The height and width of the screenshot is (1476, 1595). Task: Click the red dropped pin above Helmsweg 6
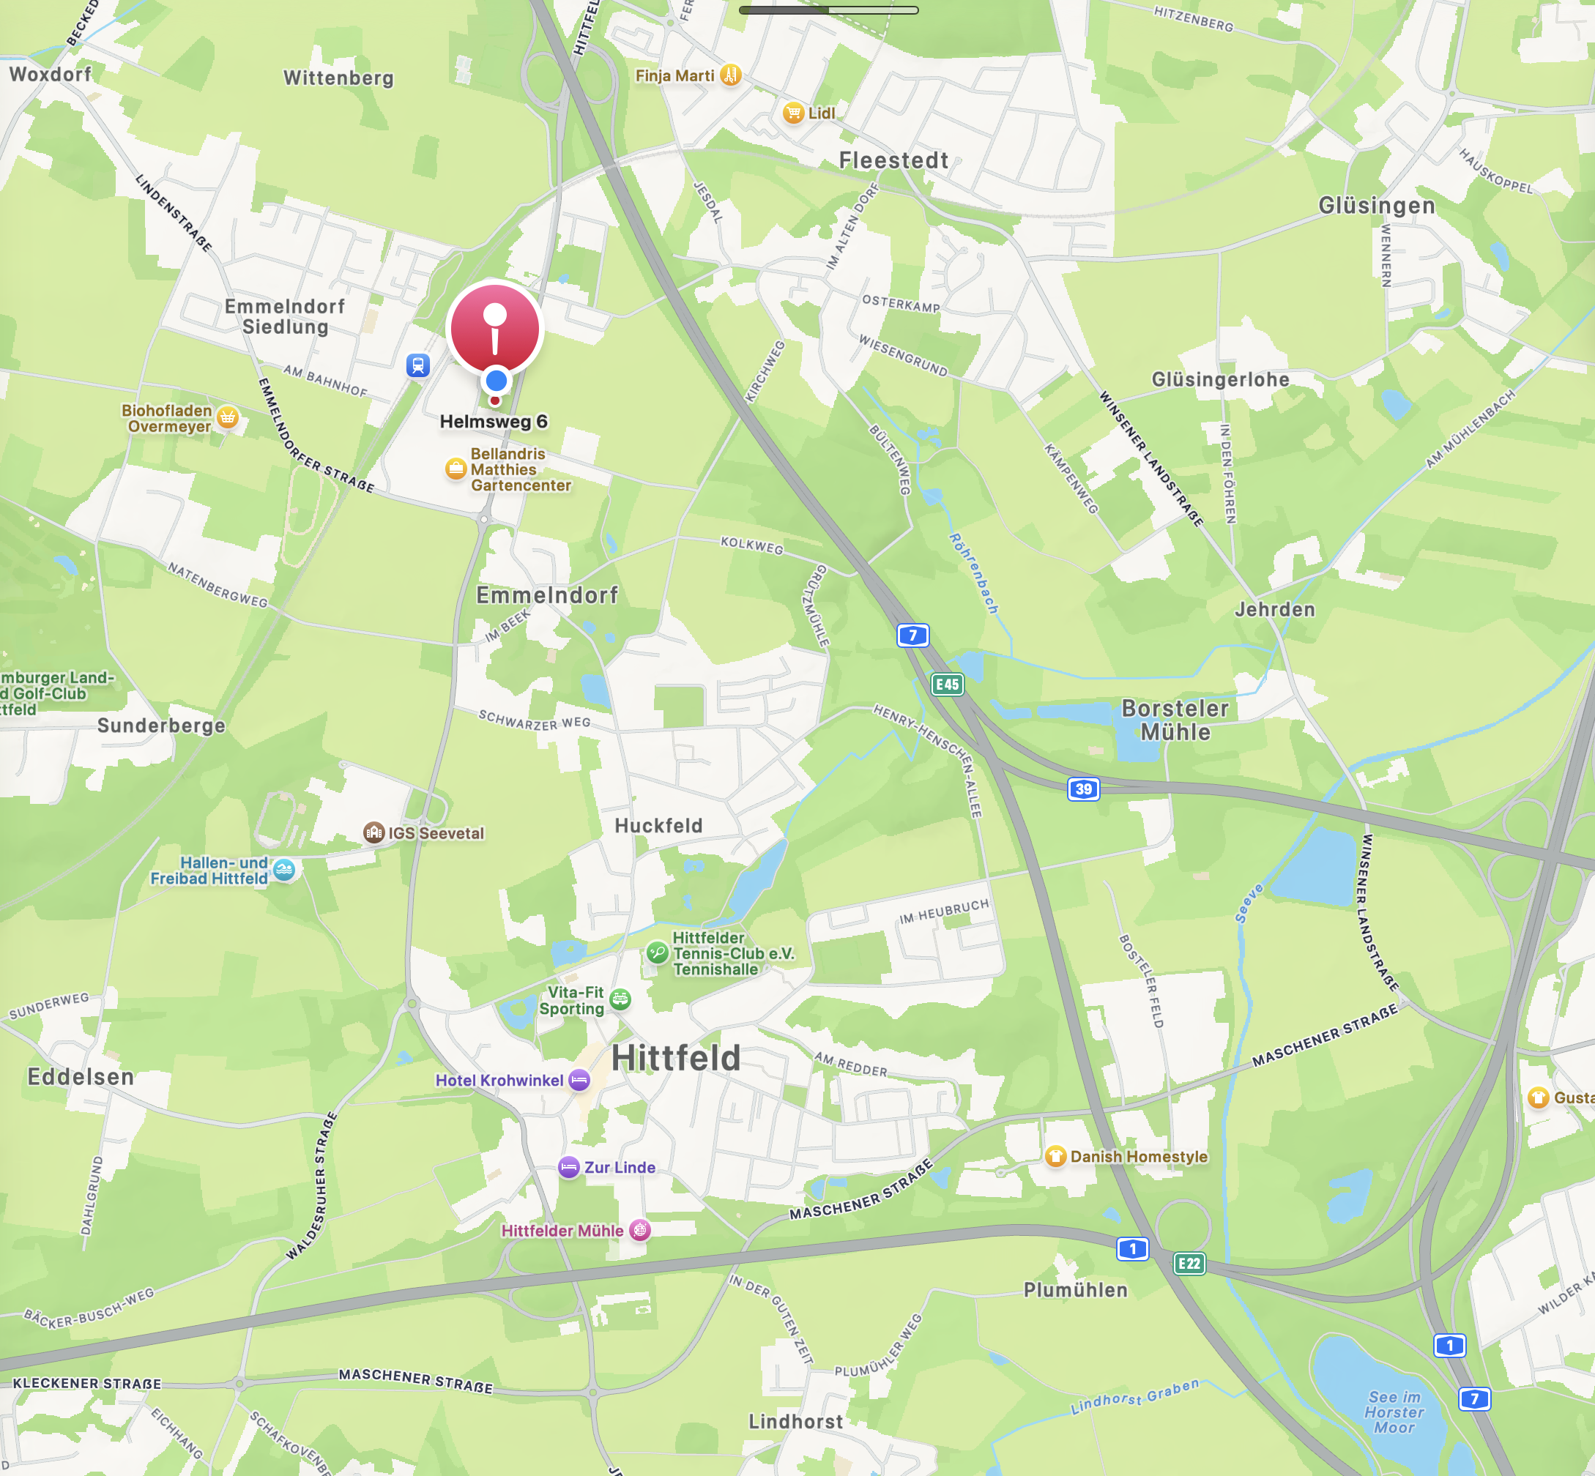pos(494,329)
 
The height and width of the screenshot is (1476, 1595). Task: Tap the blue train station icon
pos(417,366)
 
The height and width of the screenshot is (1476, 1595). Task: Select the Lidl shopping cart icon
pos(792,113)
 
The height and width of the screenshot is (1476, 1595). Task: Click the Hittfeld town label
pos(676,1057)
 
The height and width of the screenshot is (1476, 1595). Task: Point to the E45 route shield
pos(946,684)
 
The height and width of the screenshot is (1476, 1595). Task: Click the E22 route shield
pos(1189,1263)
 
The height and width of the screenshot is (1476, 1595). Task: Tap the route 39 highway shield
pos(1083,789)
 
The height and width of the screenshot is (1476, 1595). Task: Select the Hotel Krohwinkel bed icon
pos(579,1080)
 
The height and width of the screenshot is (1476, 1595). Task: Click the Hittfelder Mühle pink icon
pos(640,1230)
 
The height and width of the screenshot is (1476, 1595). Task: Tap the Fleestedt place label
pos(893,160)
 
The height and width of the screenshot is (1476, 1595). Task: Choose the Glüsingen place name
pos(1376,205)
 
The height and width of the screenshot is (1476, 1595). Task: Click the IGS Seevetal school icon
pos(373,833)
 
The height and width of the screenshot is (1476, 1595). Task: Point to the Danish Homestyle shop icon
pos(1055,1156)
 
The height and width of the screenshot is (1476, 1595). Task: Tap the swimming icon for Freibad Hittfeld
pos(283,870)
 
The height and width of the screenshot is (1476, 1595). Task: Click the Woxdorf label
pos(51,74)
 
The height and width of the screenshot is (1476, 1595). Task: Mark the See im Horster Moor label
pos(1394,1412)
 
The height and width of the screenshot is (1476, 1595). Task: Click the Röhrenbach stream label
pos(973,573)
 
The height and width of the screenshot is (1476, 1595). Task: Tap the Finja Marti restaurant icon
pos(730,75)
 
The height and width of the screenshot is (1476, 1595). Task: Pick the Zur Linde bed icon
pos(569,1167)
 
